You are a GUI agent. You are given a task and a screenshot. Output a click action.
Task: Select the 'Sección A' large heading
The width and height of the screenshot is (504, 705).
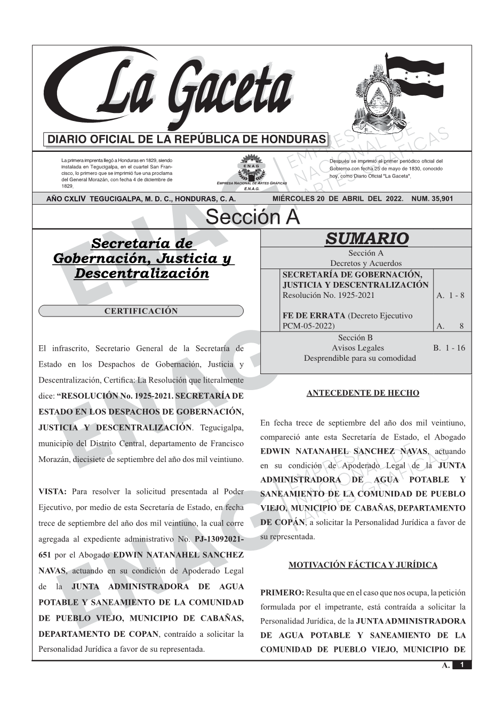[252, 217]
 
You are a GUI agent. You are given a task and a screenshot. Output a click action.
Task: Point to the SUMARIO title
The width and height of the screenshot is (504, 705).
[366, 238]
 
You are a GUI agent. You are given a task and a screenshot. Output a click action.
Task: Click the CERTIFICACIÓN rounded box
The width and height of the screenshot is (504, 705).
[141, 311]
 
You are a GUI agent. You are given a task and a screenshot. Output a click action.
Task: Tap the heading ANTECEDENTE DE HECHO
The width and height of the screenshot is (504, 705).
[363, 393]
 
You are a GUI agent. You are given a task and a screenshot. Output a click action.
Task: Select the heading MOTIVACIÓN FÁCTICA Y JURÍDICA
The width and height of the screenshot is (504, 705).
[363, 565]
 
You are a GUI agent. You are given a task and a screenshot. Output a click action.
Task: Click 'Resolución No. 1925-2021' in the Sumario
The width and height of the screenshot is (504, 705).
[328, 295]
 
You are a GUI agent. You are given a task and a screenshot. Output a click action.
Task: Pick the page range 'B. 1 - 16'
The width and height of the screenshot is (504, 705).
[449, 348]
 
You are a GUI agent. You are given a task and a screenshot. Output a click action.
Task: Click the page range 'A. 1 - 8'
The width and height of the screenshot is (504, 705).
[450, 295]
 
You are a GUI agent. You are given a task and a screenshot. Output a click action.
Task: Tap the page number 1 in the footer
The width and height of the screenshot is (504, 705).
[462, 665]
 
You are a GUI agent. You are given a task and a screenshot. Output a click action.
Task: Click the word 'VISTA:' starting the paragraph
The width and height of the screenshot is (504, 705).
[52, 491]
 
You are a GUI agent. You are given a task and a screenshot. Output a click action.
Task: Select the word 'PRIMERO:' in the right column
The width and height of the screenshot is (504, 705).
[282, 593]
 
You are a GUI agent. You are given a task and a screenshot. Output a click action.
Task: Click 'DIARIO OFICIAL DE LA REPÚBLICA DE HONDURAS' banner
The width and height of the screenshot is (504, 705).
[187, 140]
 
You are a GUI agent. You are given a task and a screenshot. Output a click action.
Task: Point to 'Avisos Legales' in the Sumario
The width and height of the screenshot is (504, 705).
[357, 348]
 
